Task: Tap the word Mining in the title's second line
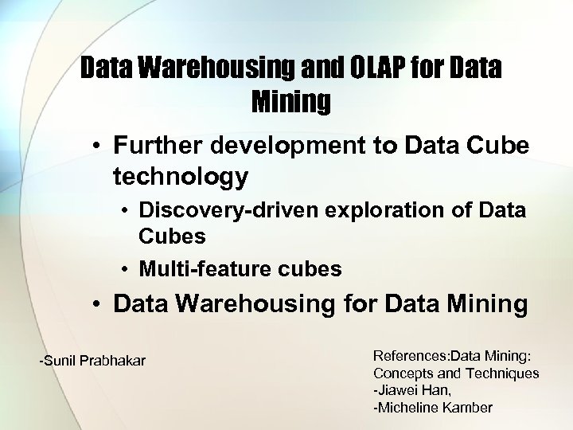(290, 101)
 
